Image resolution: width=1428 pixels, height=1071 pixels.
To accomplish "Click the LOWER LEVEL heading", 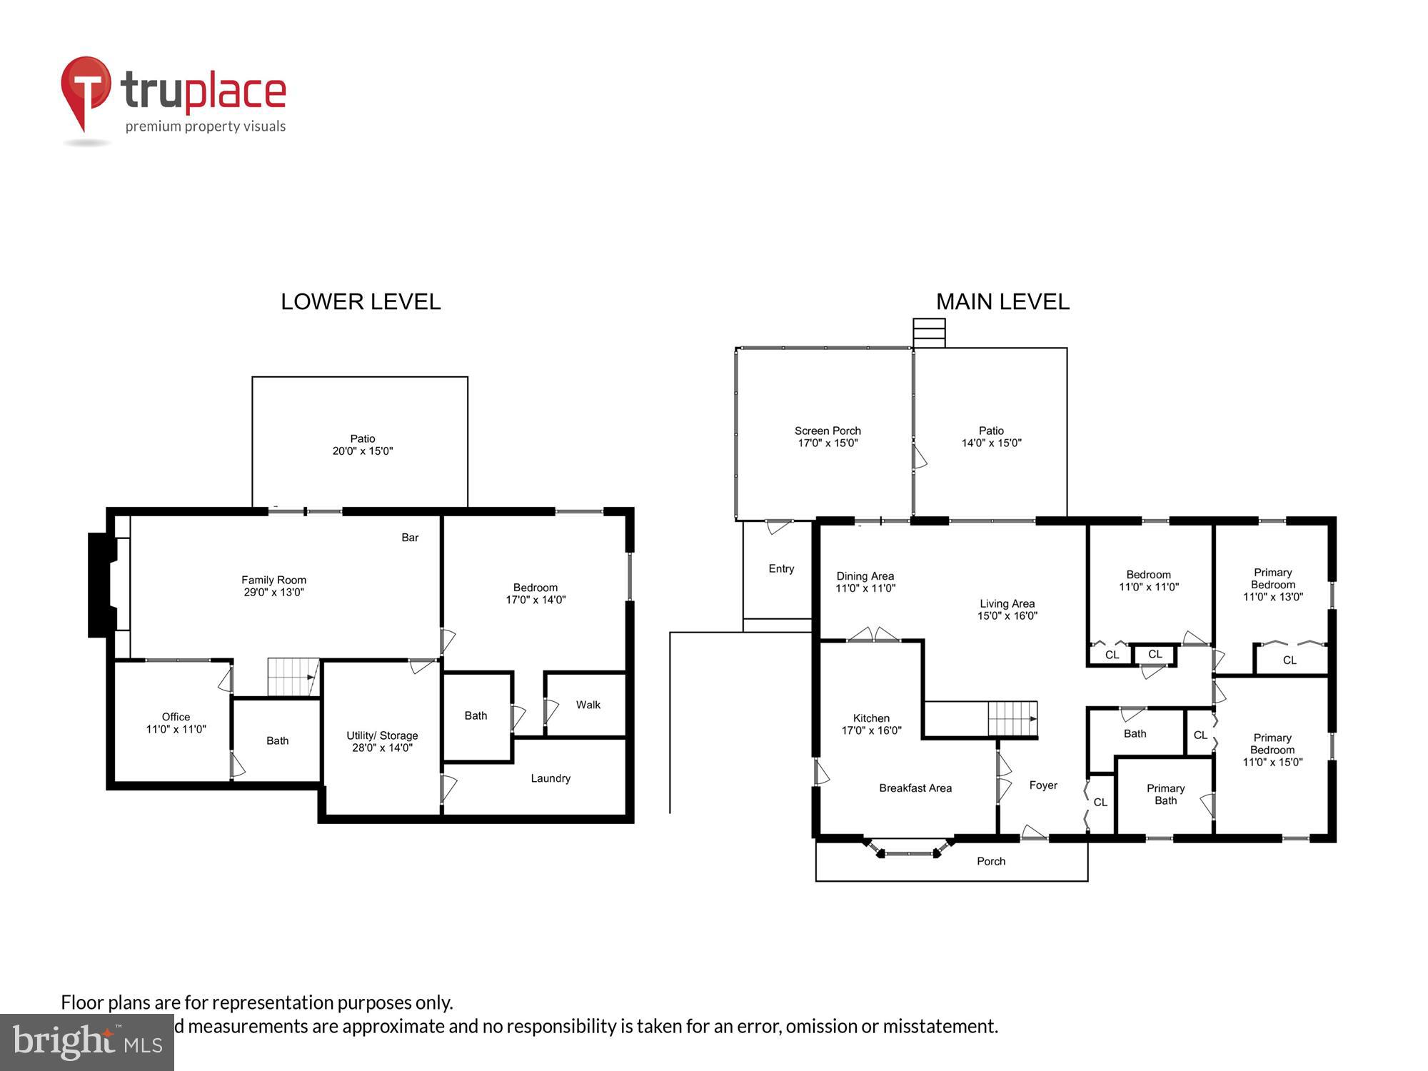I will [x=361, y=302].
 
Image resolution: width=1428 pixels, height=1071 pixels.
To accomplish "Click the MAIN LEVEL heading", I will [x=1002, y=302].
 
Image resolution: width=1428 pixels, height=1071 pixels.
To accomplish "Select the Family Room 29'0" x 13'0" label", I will [x=273, y=586].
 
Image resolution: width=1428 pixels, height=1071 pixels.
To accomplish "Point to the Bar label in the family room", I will [x=410, y=538].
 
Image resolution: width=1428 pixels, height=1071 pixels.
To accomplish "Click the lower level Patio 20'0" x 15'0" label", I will [x=363, y=445].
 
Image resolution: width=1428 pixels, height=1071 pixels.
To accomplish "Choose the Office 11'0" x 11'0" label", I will [x=176, y=723].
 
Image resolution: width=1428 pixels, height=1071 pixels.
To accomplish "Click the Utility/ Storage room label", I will [x=382, y=741].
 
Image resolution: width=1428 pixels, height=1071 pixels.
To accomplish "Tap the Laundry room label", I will [x=550, y=778].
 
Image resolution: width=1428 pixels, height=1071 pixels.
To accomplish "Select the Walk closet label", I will [x=588, y=705].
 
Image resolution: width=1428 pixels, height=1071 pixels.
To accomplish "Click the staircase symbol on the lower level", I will [x=293, y=677].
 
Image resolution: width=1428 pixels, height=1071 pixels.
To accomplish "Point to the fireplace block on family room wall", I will [x=101, y=585].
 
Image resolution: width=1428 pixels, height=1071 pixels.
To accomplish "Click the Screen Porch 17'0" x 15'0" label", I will [x=828, y=436].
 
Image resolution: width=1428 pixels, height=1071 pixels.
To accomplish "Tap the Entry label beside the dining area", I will [x=781, y=569].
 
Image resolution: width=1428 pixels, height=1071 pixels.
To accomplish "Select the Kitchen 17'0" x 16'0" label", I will [x=871, y=724].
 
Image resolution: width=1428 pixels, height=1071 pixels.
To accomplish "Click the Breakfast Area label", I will [x=915, y=788].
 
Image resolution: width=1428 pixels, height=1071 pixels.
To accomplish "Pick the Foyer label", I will [x=1043, y=785].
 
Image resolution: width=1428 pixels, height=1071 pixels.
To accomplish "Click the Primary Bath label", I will [x=1165, y=794].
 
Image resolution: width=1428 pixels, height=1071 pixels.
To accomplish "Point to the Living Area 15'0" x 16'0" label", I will [x=1007, y=609].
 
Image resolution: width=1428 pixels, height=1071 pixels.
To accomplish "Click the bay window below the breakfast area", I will [x=909, y=850].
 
